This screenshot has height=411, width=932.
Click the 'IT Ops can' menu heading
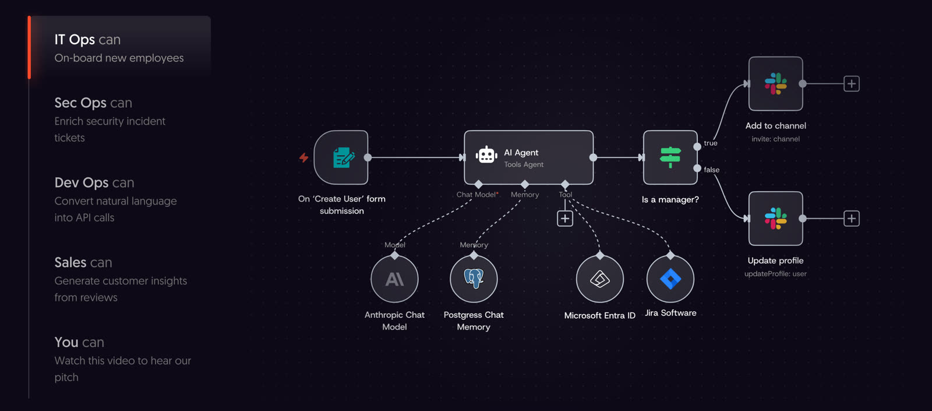click(x=87, y=40)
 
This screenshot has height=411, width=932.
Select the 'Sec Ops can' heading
click(x=93, y=103)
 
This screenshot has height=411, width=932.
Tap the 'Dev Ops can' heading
click(x=94, y=183)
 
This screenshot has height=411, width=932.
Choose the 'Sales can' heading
click(x=83, y=262)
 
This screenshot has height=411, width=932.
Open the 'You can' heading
click(x=79, y=342)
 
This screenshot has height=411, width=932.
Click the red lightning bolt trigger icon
click(x=303, y=157)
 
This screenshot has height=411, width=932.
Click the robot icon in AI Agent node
click(x=486, y=155)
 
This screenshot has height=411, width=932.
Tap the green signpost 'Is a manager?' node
click(x=670, y=157)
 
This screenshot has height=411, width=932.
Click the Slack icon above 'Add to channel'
click(x=775, y=84)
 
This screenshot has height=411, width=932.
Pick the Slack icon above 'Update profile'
click(x=775, y=218)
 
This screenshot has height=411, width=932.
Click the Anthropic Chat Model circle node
click(x=394, y=279)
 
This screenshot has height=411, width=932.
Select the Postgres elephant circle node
click(x=474, y=279)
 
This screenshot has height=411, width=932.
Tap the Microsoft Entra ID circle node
click(x=599, y=279)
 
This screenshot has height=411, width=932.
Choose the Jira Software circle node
click(x=670, y=279)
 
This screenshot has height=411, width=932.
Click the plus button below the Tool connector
click(x=565, y=219)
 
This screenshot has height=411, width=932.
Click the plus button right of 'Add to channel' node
click(x=852, y=84)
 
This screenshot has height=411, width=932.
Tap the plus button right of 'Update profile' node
click(x=852, y=218)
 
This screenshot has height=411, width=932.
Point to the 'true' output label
click(x=711, y=143)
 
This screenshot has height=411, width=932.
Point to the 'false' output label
click(x=711, y=170)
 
